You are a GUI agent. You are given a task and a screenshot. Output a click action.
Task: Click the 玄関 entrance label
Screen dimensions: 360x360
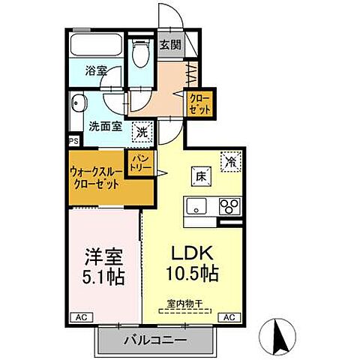coord(170,44)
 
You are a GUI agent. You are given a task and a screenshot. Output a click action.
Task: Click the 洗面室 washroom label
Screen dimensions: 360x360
coord(105,127)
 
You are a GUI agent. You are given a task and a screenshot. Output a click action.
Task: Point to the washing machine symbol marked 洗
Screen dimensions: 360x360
coord(141,132)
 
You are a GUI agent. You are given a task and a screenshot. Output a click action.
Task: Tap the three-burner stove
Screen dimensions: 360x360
coord(229,206)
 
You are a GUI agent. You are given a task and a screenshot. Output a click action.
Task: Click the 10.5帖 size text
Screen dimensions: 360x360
coord(191,274)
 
